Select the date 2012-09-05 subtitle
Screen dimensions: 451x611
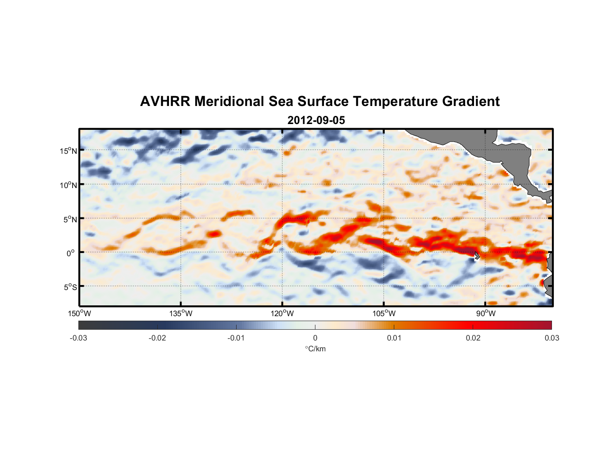[x=316, y=120]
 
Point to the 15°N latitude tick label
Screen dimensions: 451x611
[x=68, y=151]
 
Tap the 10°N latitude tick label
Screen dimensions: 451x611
[x=68, y=185]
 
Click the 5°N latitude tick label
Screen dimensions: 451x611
[x=70, y=219]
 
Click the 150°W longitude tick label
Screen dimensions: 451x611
[x=79, y=313]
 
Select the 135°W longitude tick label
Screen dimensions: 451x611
[x=181, y=313]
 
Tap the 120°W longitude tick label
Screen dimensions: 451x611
[x=282, y=313]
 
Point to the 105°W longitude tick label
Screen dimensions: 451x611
[x=384, y=313]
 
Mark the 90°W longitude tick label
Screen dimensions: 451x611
[x=486, y=313]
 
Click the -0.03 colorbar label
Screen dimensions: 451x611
[x=78, y=338]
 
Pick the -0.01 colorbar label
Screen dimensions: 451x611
[x=236, y=338]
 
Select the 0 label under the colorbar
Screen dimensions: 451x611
[x=315, y=338]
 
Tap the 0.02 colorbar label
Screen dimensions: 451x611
[x=473, y=338]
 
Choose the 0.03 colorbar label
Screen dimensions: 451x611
[x=552, y=338]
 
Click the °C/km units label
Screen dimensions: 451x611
[x=315, y=349]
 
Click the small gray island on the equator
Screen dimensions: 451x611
[x=477, y=256]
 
